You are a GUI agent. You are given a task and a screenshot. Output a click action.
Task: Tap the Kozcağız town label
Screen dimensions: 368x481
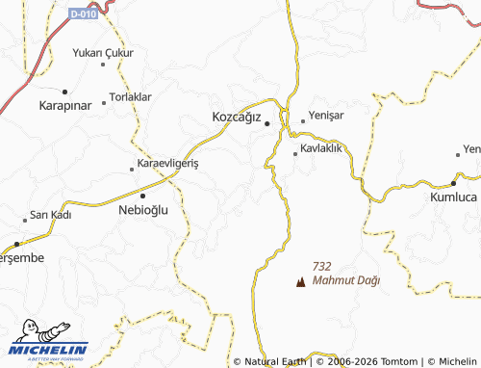tap(237, 118)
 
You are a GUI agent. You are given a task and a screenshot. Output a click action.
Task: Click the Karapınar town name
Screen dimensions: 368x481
tap(64, 103)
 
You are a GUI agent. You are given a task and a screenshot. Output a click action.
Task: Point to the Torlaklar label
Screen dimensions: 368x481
tap(130, 97)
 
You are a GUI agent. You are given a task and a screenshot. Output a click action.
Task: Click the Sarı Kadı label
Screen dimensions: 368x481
tap(51, 214)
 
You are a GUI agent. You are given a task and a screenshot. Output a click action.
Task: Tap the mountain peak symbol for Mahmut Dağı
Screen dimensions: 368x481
tap(300, 283)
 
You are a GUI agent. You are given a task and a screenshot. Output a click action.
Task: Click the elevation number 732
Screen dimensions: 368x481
tap(322, 266)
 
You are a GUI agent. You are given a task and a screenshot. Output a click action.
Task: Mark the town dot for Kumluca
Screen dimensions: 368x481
tap(453, 182)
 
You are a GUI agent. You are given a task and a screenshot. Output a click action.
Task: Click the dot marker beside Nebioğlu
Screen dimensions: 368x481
tap(143, 196)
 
